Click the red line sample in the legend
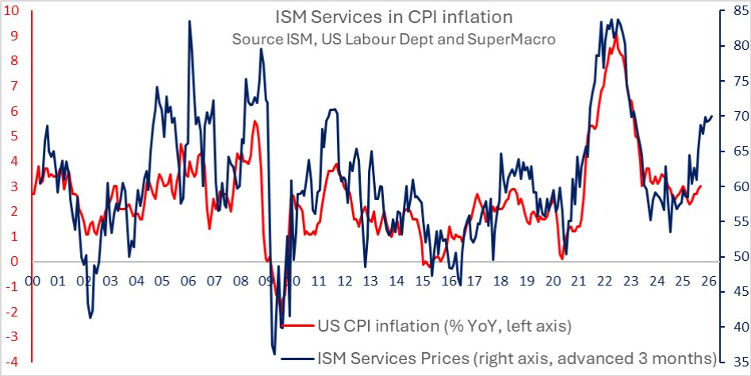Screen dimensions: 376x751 click(297, 325)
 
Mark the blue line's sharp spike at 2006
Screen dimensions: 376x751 click(190, 21)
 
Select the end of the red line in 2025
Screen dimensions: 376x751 click(701, 186)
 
